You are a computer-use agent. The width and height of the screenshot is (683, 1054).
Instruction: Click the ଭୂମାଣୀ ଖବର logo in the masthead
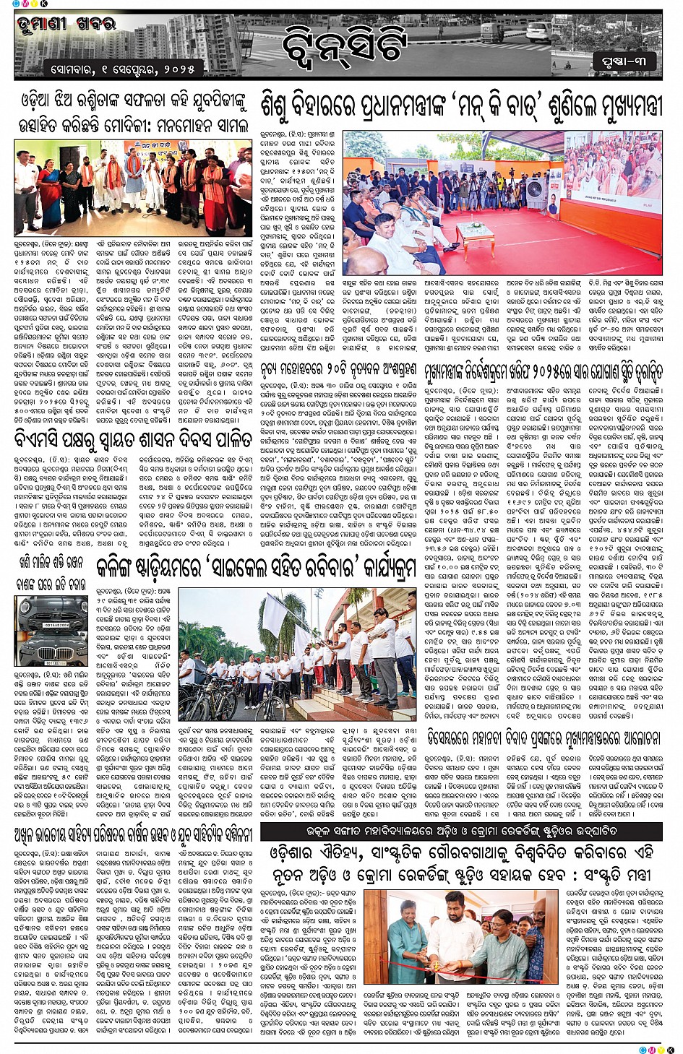pyautogui.click(x=66, y=26)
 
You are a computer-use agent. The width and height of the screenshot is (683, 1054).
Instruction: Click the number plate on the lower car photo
pyautogui.click(x=42, y=660)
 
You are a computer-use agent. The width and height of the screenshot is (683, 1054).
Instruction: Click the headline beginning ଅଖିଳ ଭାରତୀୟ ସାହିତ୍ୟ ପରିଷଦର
pyautogui.click(x=133, y=834)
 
